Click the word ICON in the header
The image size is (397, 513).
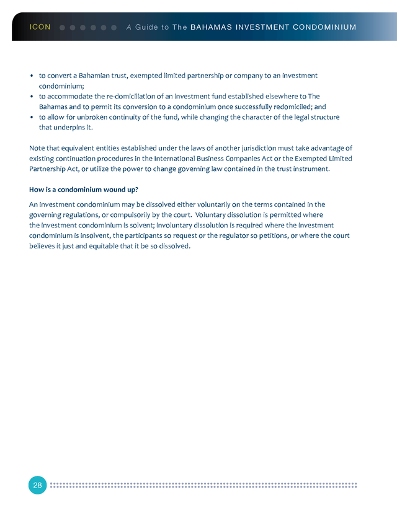(40, 27)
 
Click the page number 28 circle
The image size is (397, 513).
(37, 485)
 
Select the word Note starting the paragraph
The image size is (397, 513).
(38, 148)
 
